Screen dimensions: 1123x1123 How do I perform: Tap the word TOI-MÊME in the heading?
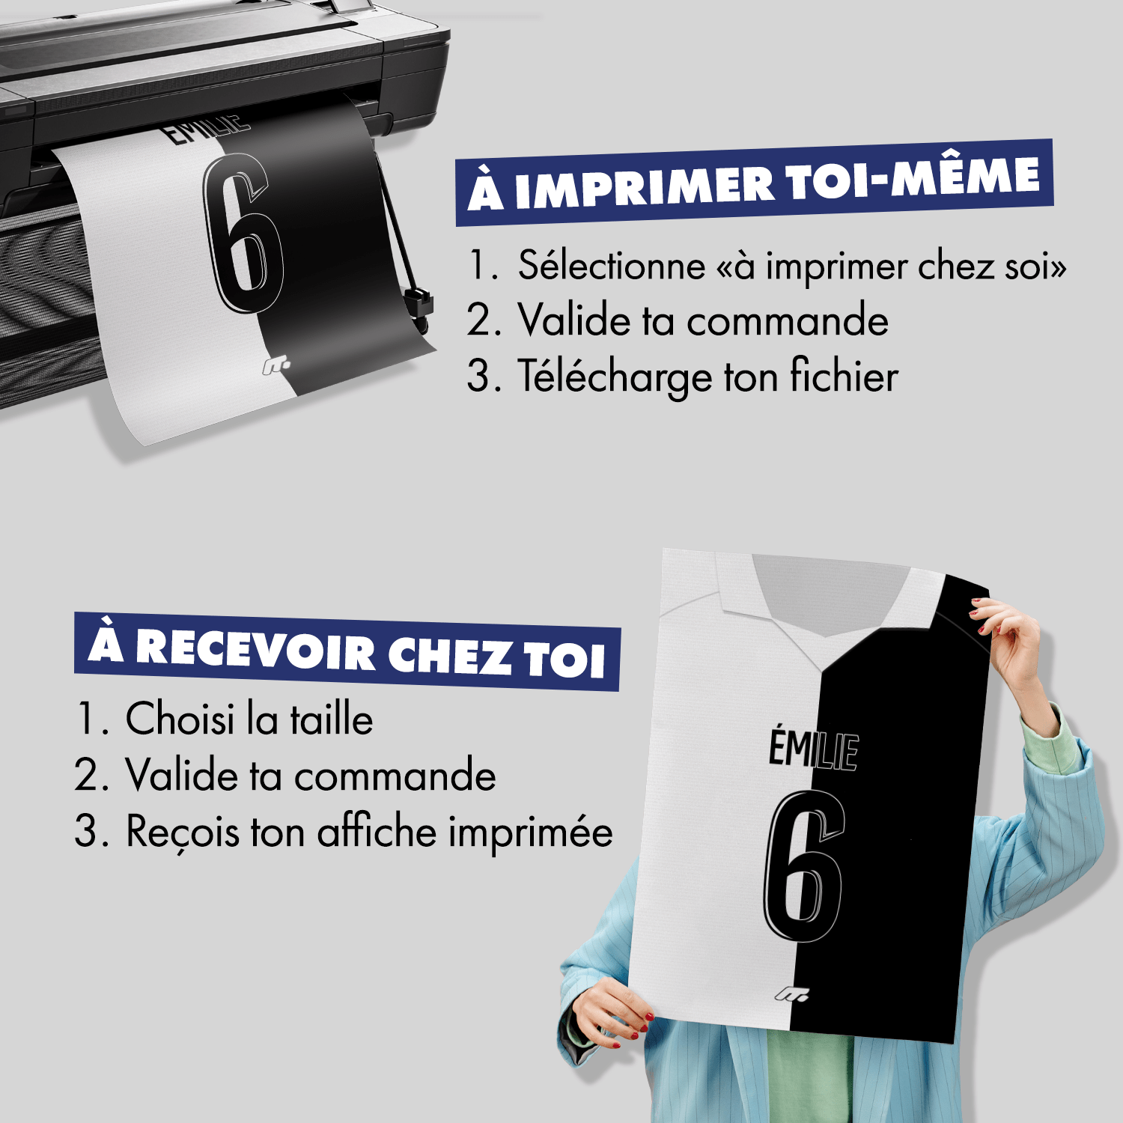pyautogui.click(x=913, y=179)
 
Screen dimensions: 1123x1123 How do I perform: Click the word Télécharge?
pyautogui.click(x=615, y=377)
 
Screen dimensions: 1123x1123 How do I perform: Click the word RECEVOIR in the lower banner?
pyautogui.click(x=255, y=650)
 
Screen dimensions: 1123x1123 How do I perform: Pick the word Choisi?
pyautogui.click(x=180, y=719)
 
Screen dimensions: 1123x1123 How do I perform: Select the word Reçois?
pyautogui.click(x=183, y=833)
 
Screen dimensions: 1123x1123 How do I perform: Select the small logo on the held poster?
pyautogui.click(x=791, y=994)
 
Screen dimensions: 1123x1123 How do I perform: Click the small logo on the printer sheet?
pyautogui.click(x=276, y=366)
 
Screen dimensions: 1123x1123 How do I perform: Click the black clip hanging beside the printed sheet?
pyautogui.click(x=418, y=303)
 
